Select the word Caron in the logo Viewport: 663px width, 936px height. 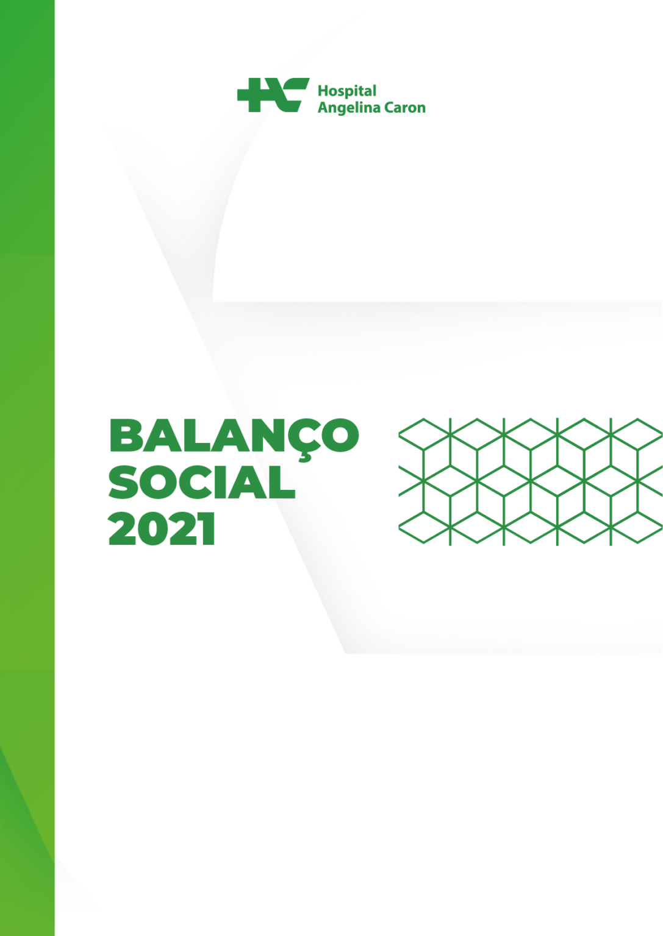[x=405, y=108]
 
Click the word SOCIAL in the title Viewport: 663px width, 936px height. [x=202, y=482]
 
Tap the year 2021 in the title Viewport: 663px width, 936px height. [x=162, y=529]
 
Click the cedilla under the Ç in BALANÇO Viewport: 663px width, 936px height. [x=305, y=459]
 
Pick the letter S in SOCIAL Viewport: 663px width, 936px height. [x=124, y=482]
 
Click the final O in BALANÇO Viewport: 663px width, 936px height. [x=340, y=435]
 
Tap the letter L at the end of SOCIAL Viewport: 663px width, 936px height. [x=282, y=482]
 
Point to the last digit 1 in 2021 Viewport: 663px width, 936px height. [x=207, y=529]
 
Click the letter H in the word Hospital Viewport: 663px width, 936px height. [x=324, y=91]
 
